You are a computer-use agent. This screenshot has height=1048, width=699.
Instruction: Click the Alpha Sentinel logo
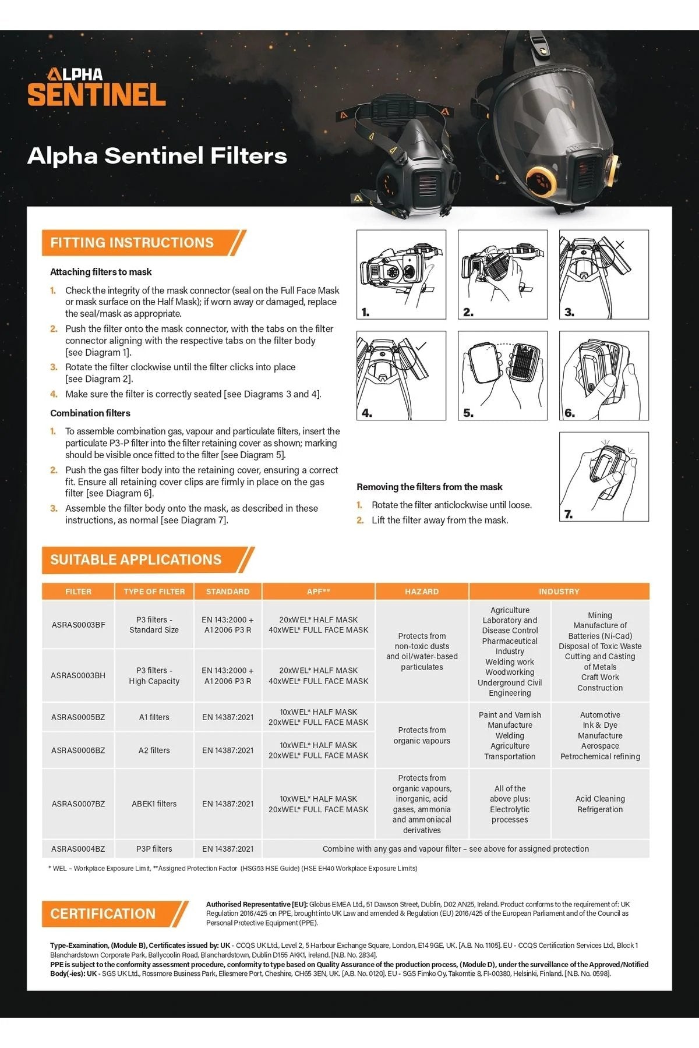click(97, 87)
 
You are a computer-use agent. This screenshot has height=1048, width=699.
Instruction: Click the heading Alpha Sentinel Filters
click(157, 156)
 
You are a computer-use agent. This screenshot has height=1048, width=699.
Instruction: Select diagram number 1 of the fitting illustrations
click(401, 274)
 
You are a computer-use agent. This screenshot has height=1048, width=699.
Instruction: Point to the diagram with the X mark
click(603, 274)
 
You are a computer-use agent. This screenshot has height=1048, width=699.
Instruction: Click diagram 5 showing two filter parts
click(502, 376)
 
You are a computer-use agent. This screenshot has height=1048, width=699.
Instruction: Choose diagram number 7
click(603, 476)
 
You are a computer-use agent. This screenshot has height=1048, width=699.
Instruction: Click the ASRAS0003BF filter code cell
click(79, 625)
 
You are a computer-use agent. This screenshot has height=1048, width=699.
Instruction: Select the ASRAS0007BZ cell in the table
click(79, 804)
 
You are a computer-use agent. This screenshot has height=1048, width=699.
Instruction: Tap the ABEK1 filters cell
click(154, 804)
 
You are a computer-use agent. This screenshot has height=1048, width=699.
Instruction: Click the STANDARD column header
click(228, 592)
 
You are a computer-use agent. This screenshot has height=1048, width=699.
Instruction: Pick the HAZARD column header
click(422, 592)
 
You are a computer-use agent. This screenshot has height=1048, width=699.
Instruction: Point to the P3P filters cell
click(154, 849)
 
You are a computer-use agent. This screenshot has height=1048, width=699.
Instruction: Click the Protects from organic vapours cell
click(422, 735)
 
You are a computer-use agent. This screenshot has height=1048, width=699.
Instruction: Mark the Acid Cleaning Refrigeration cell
click(600, 804)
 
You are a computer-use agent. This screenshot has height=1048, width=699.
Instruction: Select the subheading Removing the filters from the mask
click(429, 487)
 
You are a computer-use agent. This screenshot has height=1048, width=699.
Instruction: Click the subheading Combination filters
click(90, 413)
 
